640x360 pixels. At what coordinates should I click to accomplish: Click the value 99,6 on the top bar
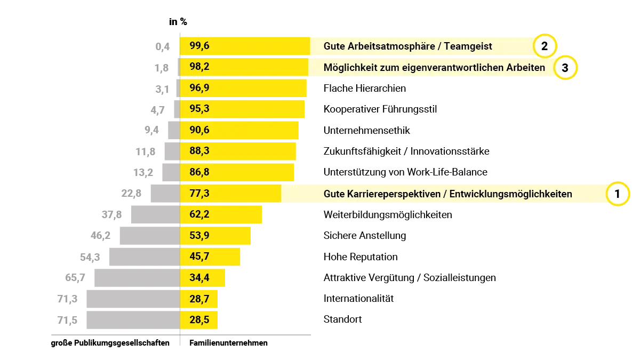[x=199, y=46]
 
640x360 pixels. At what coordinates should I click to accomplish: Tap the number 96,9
[x=199, y=88]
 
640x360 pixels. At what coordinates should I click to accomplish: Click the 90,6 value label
[x=199, y=130]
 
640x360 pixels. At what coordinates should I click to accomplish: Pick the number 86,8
[x=199, y=172]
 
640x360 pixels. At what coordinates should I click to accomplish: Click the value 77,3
[x=199, y=193]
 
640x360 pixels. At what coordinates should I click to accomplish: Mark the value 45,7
[x=199, y=257]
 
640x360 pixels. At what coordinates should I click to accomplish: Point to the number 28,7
[x=199, y=299]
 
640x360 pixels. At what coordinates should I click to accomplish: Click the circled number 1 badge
[x=618, y=194]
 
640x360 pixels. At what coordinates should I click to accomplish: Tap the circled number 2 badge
[x=544, y=46]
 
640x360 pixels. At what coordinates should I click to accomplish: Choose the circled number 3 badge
[x=565, y=68]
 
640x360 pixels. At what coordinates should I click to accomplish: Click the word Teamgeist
[x=467, y=46]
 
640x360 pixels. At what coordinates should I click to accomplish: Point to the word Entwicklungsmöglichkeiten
[x=510, y=194]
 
